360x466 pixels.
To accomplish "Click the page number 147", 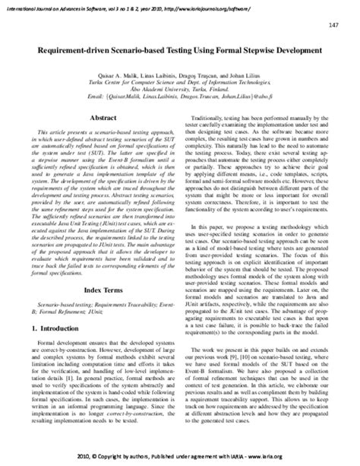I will point(334,26).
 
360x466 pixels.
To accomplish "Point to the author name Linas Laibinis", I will point(164,75).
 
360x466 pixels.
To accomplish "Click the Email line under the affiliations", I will point(180,98).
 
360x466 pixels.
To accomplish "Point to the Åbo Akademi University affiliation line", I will point(180,90).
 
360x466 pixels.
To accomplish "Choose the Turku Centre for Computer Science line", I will point(180,83).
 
